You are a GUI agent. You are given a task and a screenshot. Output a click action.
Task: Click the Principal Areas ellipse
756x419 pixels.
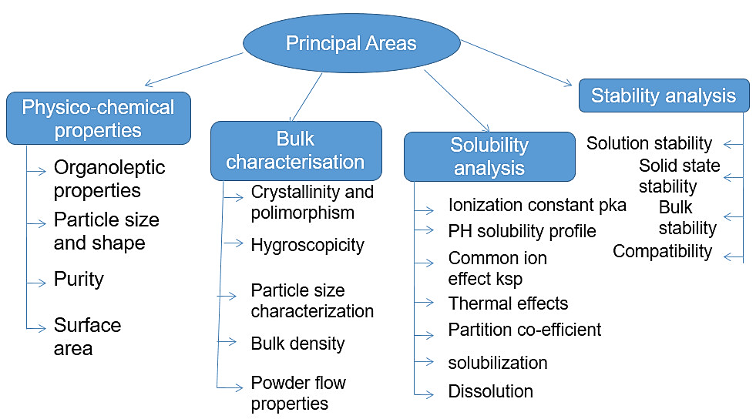351,43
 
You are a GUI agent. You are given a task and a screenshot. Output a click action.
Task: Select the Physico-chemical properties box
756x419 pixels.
98,119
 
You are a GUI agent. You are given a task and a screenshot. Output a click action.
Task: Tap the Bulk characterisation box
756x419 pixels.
296,150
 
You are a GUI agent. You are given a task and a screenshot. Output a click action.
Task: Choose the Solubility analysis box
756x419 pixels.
489,156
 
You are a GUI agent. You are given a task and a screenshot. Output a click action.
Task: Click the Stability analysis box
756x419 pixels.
664,96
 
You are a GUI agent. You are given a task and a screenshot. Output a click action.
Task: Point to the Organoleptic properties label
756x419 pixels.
109,179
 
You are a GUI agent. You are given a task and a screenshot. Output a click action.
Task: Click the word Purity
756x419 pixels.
79,278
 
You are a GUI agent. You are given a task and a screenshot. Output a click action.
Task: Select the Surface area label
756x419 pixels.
87,337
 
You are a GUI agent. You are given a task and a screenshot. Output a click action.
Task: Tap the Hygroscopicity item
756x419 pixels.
307,245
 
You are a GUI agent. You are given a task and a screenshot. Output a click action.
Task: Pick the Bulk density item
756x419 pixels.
297,344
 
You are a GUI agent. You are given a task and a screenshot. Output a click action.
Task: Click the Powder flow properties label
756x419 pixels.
298,393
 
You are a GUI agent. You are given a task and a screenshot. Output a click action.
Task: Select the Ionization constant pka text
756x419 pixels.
537,206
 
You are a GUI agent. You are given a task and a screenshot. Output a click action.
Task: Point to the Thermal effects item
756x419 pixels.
508,303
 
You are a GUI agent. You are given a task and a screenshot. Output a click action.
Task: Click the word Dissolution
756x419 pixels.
490,391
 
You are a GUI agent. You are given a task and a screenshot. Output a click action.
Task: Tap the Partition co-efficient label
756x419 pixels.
525,330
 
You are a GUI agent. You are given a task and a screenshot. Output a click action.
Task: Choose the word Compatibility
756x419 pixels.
662,251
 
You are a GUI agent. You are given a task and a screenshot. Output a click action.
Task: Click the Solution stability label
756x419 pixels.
649,143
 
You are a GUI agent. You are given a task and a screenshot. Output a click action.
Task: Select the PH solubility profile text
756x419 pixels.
522,230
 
